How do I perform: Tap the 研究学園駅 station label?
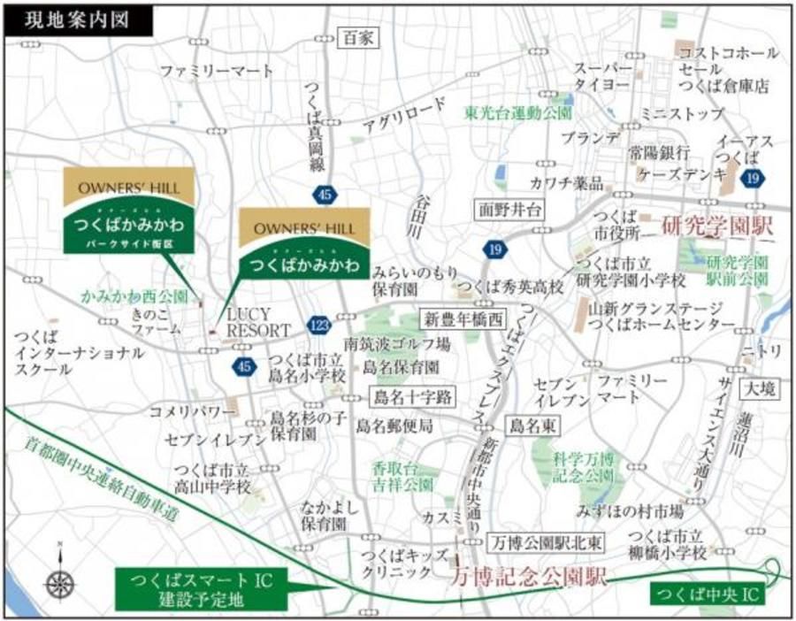click(717, 227)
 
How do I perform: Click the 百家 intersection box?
click(358, 38)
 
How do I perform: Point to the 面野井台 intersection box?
click(509, 210)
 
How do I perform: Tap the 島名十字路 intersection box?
click(412, 395)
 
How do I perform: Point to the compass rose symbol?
click(59, 580)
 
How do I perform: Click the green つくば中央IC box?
click(708, 592)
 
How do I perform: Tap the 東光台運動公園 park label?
click(519, 113)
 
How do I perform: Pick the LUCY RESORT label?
click(258, 322)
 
